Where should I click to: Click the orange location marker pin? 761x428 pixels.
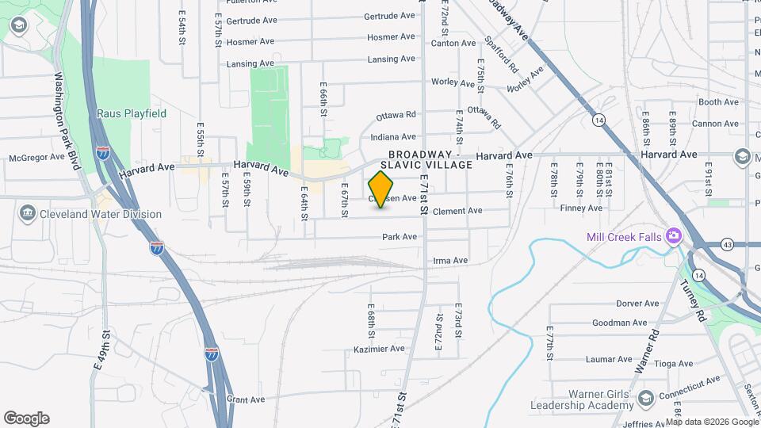(381, 189)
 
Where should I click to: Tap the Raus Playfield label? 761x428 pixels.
(132, 113)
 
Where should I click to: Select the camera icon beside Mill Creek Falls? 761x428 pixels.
(674, 236)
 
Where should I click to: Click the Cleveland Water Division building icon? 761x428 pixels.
(28, 214)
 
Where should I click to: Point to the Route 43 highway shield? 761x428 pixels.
(728, 244)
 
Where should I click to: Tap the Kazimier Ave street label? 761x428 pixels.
(380, 349)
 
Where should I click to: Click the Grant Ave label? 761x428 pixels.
(245, 399)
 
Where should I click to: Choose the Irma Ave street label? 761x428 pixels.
(450, 260)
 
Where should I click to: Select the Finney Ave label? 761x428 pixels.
(581, 208)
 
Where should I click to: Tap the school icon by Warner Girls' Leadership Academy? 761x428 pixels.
(646, 398)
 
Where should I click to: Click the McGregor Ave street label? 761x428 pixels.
(36, 157)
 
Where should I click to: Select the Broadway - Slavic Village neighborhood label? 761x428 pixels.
(430, 159)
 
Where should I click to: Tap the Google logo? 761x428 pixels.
(26, 418)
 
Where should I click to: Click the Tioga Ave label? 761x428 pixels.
(674, 364)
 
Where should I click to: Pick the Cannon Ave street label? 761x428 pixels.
(714, 124)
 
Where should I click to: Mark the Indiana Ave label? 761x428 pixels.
(393, 136)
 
